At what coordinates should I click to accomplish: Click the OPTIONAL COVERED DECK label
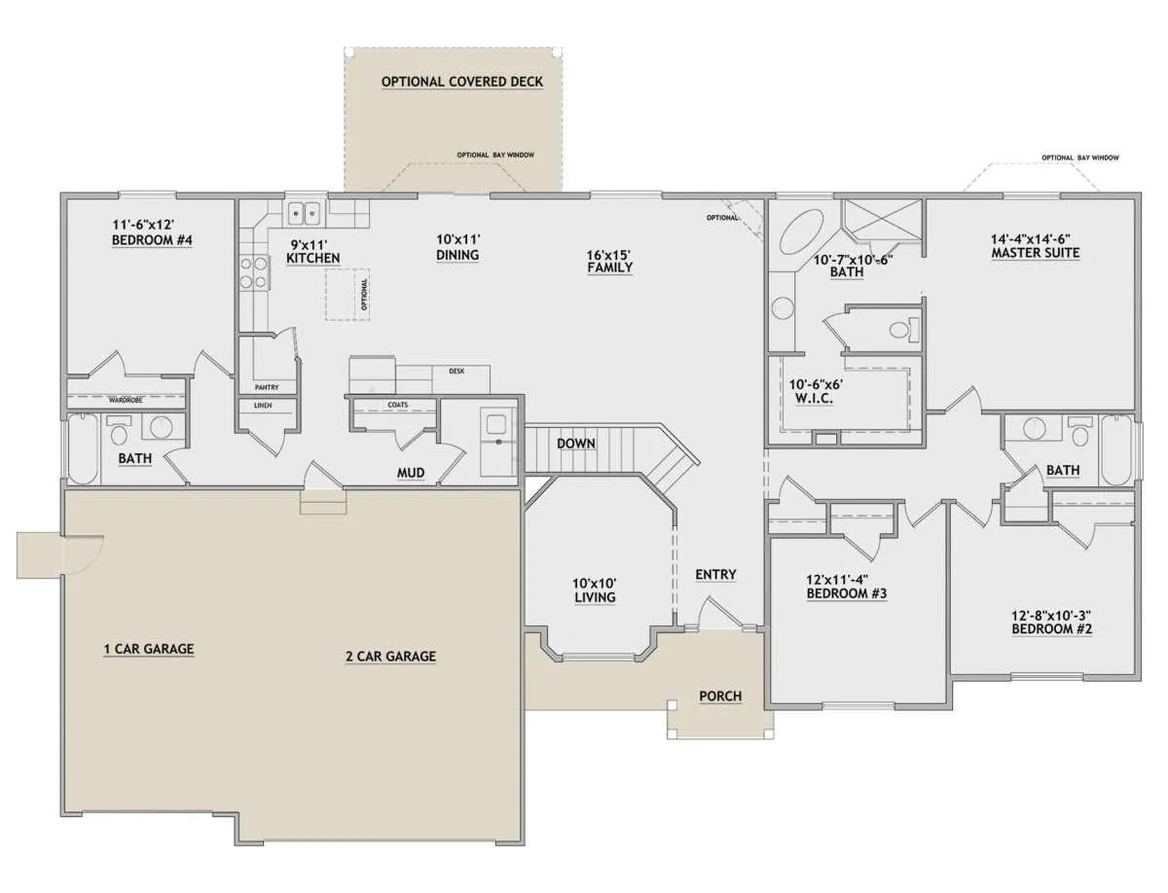coord(462,82)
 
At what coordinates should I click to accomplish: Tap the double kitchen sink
coord(305,214)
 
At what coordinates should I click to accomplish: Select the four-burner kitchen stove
coord(253,272)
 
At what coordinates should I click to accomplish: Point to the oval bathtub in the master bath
coord(801,232)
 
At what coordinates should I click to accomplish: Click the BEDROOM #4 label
coord(152,240)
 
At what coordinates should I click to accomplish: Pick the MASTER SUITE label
coord(1036,253)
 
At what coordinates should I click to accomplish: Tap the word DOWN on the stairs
coord(576,443)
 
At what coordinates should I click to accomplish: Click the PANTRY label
coord(267,387)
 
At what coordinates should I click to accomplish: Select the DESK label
coord(456,371)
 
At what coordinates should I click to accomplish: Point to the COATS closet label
coord(398,405)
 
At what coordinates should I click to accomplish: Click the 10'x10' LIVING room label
coord(595,590)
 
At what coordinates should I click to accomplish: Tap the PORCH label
coord(720,697)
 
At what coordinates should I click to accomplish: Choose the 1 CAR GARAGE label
coord(149,649)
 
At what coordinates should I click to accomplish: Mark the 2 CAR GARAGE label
coord(391,657)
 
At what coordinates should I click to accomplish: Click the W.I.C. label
coord(814,398)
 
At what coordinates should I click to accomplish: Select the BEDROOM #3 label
coord(847,593)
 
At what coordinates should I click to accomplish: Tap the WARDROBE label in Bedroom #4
coord(126,400)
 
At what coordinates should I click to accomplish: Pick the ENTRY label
coord(715,574)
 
